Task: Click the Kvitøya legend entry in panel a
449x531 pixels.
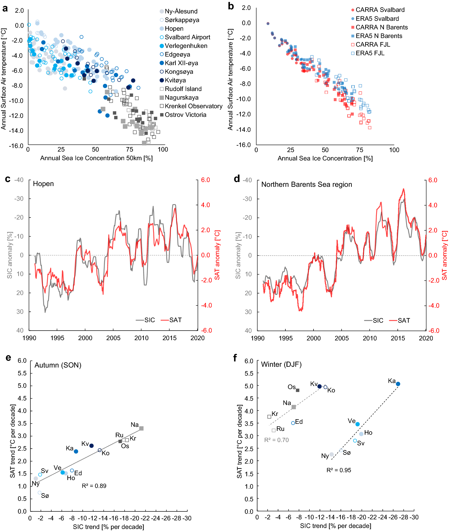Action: (175, 80)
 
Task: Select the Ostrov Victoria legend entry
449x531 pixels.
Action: (185, 115)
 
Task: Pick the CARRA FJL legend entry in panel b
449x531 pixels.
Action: (372, 45)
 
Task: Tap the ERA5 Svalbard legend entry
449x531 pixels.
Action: (377, 19)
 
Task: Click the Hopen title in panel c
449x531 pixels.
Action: (43, 184)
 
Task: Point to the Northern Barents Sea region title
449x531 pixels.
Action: (306, 185)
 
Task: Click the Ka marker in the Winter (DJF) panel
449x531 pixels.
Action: (398, 384)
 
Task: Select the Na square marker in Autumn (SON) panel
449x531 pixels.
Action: (142, 428)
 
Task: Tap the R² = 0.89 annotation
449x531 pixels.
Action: (94, 486)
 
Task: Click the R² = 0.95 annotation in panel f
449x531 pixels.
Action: (339, 470)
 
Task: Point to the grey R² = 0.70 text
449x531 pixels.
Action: (277, 440)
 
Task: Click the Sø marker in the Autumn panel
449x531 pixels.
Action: (40, 492)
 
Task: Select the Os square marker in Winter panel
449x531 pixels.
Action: (298, 390)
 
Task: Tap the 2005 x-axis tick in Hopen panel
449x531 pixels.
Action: (113, 338)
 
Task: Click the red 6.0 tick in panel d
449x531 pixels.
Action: (433, 180)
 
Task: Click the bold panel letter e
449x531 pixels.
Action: (8, 358)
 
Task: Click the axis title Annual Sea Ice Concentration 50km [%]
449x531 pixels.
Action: (96, 158)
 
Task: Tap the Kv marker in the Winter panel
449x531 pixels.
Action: (319, 386)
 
